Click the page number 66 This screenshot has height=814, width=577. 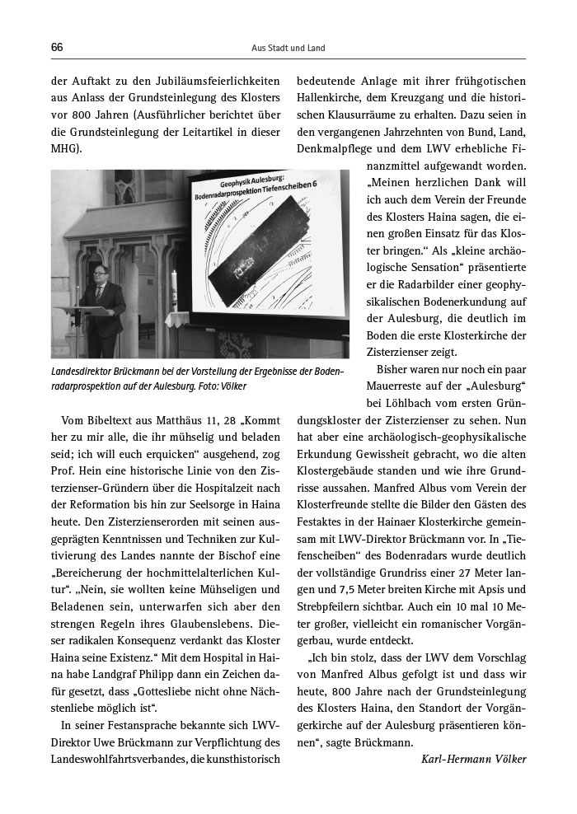(x=57, y=48)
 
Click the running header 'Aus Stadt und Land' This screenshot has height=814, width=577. (x=288, y=49)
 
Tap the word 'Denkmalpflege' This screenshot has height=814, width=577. (x=332, y=150)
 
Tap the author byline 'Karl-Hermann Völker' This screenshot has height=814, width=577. (x=473, y=759)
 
